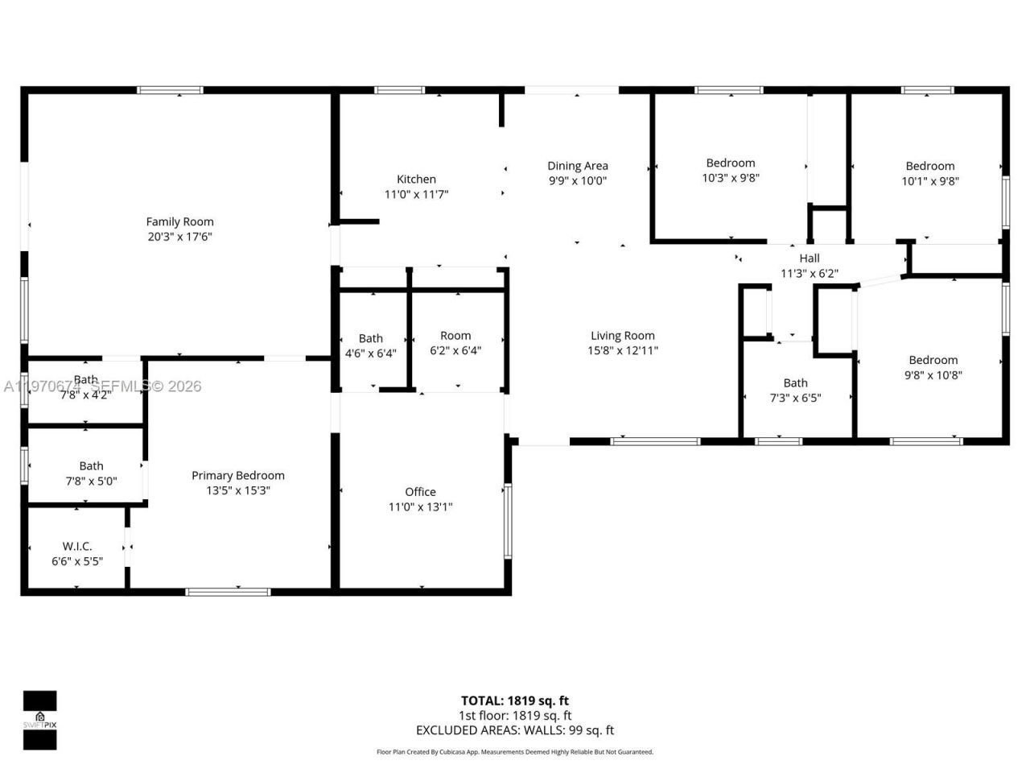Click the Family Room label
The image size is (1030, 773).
click(x=179, y=221)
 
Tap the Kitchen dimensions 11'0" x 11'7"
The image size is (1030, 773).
click(x=416, y=194)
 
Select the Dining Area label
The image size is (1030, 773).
click(x=578, y=166)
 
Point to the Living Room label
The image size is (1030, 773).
click(x=623, y=336)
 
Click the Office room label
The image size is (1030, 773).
click(x=420, y=491)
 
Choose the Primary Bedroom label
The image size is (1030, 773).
click(x=237, y=475)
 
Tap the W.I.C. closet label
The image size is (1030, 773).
click(x=77, y=546)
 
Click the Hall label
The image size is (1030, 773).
click(x=810, y=258)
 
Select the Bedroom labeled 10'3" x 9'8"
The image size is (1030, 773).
click(x=731, y=170)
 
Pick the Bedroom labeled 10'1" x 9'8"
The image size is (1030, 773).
click(x=930, y=173)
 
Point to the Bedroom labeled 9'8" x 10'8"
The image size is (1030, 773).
click(x=933, y=367)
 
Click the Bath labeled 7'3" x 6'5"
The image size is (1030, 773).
click(x=796, y=390)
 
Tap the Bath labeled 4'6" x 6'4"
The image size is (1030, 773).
click(x=371, y=345)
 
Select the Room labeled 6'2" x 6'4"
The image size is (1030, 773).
click(x=455, y=342)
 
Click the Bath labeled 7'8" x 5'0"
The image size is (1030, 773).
click(x=91, y=473)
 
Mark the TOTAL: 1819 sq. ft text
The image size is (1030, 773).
click(x=515, y=701)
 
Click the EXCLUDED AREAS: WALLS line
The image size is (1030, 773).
click(x=515, y=730)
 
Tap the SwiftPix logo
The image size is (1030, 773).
click(x=39, y=720)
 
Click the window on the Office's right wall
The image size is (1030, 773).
click(x=507, y=521)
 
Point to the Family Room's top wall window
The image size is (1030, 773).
click(x=170, y=90)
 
